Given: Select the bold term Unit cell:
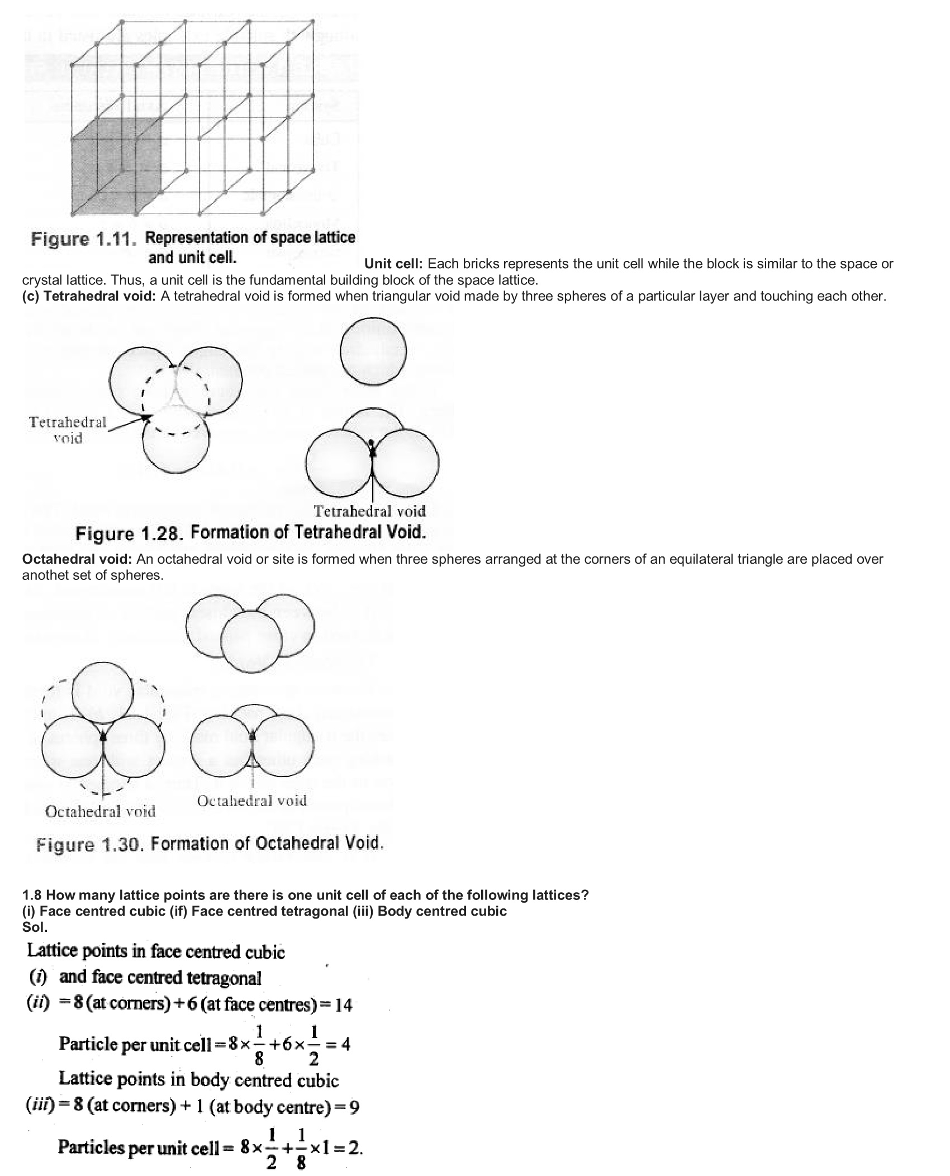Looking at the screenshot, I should click(393, 264).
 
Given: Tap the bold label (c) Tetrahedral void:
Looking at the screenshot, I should click(89, 296).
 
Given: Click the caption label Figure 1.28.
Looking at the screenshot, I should click(129, 534).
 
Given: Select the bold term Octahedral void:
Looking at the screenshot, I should click(77, 559).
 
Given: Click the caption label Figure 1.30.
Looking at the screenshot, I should click(90, 844).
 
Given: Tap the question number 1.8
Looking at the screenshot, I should click(32, 895).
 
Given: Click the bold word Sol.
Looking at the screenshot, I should click(35, 927).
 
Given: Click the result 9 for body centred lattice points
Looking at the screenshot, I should click(354, 1107).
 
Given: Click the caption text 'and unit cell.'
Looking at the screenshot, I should click(192, 258).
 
